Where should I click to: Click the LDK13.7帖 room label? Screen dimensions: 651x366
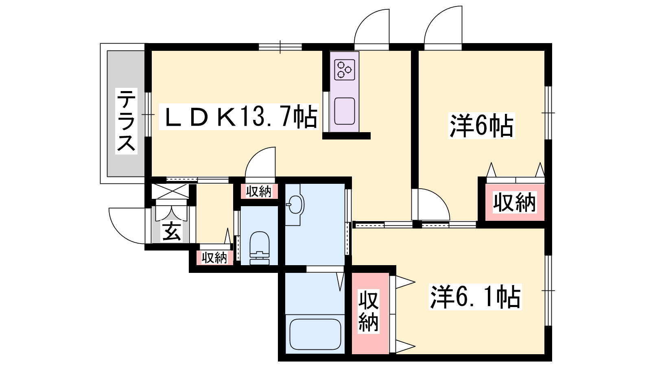coord(240,117)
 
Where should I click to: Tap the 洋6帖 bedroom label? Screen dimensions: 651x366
coord(481,126)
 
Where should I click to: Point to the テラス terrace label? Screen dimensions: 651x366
coord(126,121)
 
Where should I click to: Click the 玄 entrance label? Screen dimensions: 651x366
coord(171,231)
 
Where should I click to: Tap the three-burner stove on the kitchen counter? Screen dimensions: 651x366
coord(344,70)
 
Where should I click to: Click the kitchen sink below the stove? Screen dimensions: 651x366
coord(344,111)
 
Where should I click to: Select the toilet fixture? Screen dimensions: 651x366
coord(260,248)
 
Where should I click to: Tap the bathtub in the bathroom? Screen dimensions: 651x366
coord(315,335)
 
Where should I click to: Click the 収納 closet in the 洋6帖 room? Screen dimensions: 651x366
coord(514,203)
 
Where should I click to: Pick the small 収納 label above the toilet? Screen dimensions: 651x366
coord(258,192)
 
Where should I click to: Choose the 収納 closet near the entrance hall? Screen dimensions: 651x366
coord(214,257)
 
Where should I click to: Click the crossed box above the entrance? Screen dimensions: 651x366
coord(170,191)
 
